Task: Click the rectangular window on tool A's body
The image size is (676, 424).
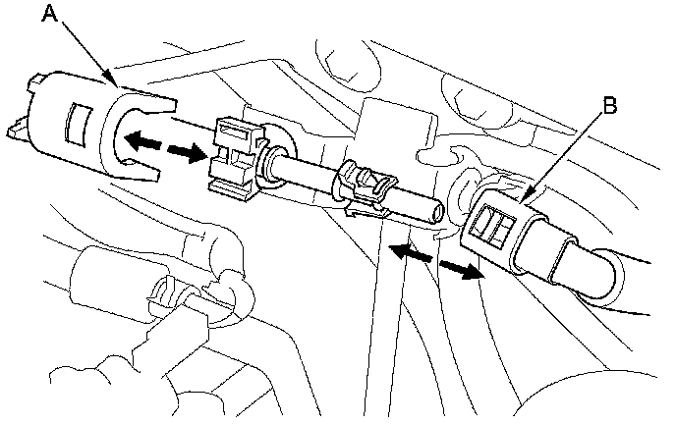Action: coord(78,125)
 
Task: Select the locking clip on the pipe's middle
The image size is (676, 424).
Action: coord(367,186)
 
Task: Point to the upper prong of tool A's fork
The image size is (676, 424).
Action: coord(148,102)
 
